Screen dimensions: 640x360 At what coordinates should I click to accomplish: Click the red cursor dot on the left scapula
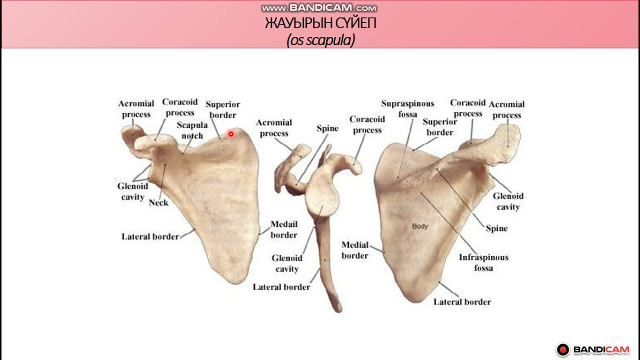[231, 134]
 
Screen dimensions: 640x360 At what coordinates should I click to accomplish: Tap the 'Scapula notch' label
[192, 130]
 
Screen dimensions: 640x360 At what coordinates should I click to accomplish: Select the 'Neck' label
[158, 202]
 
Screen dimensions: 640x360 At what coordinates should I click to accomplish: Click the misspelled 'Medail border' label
[284, 229]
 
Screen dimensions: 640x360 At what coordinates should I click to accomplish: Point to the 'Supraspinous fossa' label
[407, 108]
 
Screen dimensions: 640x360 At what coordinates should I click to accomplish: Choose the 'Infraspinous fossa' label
[483, 262]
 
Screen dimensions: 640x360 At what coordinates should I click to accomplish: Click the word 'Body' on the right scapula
[420, 226]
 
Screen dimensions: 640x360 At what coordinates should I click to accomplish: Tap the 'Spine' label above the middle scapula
[327, 128]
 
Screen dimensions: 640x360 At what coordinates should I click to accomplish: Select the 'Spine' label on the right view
[496, 228]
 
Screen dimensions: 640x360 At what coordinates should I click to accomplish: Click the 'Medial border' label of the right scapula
[355, 250]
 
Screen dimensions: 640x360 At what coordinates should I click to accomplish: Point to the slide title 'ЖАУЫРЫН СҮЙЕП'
[320, 23]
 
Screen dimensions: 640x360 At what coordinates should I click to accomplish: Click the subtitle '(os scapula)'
[320, 40]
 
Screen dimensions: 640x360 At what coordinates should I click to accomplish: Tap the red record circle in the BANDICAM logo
[563, 349]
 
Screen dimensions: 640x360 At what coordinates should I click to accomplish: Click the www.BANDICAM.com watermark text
[319, 8]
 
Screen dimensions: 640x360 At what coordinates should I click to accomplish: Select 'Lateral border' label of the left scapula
[150, 236]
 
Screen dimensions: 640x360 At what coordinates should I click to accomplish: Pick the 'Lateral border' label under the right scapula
[462, 302]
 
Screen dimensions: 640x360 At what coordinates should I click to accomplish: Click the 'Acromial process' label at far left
[136, 109]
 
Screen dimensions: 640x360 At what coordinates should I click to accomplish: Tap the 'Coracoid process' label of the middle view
[367, 124]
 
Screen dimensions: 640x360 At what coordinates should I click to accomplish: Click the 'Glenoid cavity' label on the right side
[508, 201]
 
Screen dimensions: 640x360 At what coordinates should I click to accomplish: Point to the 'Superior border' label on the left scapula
[223, 109]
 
